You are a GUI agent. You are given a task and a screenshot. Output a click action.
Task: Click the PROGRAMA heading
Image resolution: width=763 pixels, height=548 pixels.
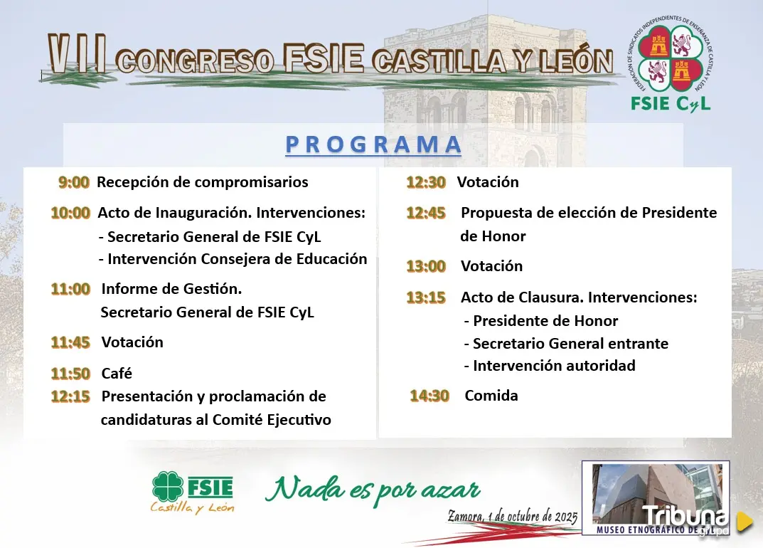coord(373,144)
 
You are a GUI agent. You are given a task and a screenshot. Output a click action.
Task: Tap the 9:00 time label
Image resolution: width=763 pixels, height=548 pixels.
coord(74,182)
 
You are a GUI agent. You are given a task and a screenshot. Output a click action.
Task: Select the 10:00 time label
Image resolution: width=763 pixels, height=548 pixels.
coord(70,213)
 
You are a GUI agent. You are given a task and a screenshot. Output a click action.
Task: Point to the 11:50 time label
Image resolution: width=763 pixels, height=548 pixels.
coord(70,374)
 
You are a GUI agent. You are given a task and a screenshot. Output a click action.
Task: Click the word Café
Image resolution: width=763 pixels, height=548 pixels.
coord(117,373)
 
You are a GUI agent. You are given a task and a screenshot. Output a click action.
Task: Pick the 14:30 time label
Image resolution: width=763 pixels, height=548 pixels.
coord(429,396)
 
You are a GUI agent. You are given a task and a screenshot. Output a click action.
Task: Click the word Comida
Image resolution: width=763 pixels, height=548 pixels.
coord(491,396)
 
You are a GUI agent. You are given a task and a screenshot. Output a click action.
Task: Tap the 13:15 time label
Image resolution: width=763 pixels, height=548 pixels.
coord(426,297)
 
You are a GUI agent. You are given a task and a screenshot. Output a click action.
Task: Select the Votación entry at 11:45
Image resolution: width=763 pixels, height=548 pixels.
coord(132,342)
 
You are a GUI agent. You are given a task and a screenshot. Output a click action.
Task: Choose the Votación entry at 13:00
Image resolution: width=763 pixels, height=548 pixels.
coord(492,266)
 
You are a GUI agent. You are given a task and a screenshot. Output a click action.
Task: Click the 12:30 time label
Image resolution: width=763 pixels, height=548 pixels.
coord(426,182)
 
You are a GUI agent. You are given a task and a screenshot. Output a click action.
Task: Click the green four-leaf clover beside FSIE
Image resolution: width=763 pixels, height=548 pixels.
coord(167,487)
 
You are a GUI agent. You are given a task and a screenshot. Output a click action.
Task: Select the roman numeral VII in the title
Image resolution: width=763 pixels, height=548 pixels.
coord(77,54)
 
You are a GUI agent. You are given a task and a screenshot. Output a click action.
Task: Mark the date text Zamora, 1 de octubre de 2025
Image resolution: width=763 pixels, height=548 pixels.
coord(513,517)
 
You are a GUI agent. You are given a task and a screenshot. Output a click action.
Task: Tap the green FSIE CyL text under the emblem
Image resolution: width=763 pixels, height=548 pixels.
coord(671,104)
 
